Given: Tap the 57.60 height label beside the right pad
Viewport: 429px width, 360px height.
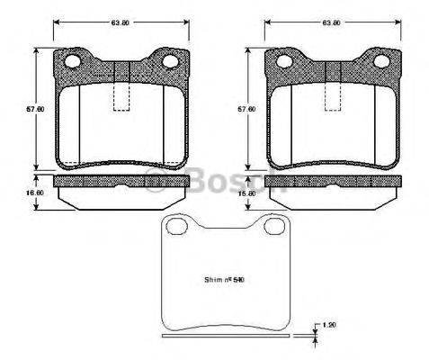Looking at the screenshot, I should pos(240,109).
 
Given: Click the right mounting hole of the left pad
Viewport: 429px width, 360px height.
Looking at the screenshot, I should pos(167,62).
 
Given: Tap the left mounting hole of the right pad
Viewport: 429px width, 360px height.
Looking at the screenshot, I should pos(286,62).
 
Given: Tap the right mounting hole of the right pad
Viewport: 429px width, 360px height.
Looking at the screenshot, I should pos(379,62).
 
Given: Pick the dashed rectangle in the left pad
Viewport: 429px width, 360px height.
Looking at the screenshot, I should pos(121,100).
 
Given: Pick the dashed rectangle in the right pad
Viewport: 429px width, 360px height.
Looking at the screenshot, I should pos(333,100).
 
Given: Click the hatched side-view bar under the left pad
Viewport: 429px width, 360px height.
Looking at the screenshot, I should pos(121,183).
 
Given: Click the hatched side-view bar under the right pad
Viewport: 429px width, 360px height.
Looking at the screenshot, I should pos(333,183).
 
